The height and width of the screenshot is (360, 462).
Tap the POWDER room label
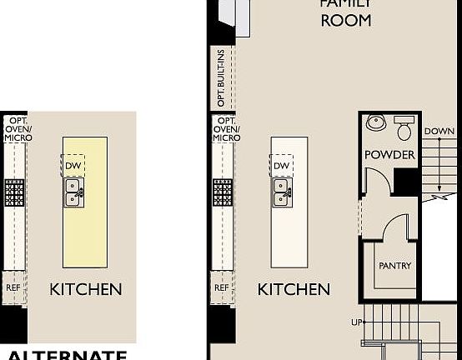[x=389, y=155]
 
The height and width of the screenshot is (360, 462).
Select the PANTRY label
[x=395, y=266]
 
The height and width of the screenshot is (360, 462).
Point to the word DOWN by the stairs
[x=439, y=132]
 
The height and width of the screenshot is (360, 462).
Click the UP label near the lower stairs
[x=354, y=322]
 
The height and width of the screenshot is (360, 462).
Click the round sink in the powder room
[x=376, y=122]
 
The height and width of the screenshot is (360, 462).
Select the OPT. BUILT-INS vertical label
[x=221, y=79]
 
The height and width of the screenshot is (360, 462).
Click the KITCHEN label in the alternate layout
[x=86, y=290]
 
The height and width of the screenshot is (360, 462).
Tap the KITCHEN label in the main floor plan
[x=294, y=290]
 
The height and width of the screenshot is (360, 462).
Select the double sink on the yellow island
[x=73, y=196]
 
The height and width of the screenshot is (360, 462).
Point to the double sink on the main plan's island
[x=282, y=196]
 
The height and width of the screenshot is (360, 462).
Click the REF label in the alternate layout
[x=13, y=287]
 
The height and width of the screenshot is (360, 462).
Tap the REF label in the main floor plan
[x=221, y=287]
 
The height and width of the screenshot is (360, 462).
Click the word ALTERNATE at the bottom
[x=66, y=354]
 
